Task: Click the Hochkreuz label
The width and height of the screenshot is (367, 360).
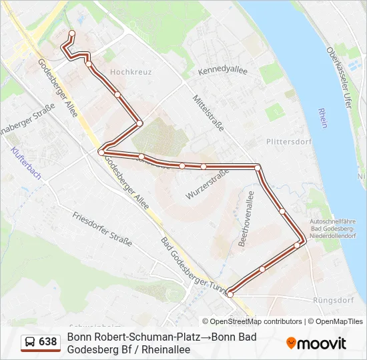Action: point(131,71)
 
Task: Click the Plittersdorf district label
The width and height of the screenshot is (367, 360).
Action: point(288,141)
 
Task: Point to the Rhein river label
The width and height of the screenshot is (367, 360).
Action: point(323,118)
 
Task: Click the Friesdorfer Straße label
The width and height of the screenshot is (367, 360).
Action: point(102,227)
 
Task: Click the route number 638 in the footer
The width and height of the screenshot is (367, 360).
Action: point(48,341)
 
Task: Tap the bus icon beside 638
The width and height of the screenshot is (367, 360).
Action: point(30,342)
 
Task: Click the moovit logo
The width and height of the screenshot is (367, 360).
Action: point(316,343)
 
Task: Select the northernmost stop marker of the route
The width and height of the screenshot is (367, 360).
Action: point(72,33)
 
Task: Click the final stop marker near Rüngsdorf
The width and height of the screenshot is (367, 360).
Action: point(230,294)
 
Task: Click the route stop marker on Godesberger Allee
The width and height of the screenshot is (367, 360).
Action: point(101,153)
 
